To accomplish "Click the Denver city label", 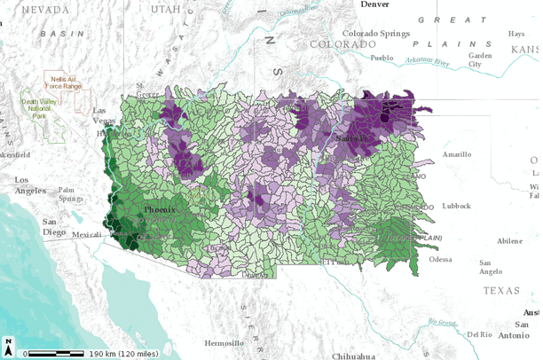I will (375, 4).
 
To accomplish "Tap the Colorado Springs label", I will (377, 34).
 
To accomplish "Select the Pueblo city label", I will (381, 58).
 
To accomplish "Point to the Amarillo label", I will (458, 153).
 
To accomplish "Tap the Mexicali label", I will (86, 235).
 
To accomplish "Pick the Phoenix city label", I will (161, 209).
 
